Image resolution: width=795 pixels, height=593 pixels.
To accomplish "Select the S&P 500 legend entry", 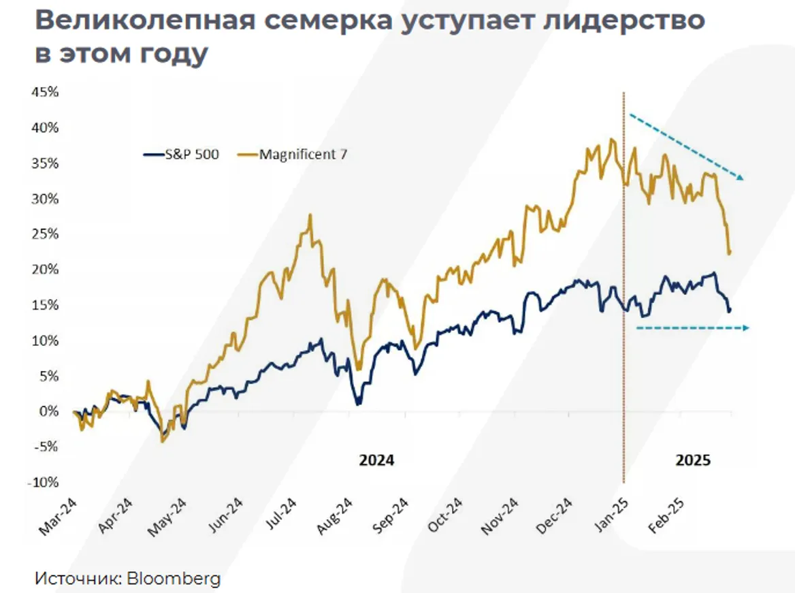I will (x=182, y=155).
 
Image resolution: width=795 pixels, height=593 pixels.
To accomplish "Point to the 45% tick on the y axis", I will (x=45, y=92).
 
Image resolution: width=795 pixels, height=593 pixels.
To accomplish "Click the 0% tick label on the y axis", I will (x=49, y=411).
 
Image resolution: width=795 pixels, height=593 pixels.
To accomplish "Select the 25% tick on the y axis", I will (x=45, y=234).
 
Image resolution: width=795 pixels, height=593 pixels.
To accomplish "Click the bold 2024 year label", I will (x=376, y=460).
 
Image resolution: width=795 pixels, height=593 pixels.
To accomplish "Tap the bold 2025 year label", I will (x=693, y=460).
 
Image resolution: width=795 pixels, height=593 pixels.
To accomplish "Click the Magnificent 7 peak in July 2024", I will (x=310, y=216).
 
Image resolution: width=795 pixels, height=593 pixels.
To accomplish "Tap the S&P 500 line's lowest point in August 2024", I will (x=358, y=404).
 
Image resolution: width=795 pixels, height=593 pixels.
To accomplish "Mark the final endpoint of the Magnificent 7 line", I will (x=730, y=253).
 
